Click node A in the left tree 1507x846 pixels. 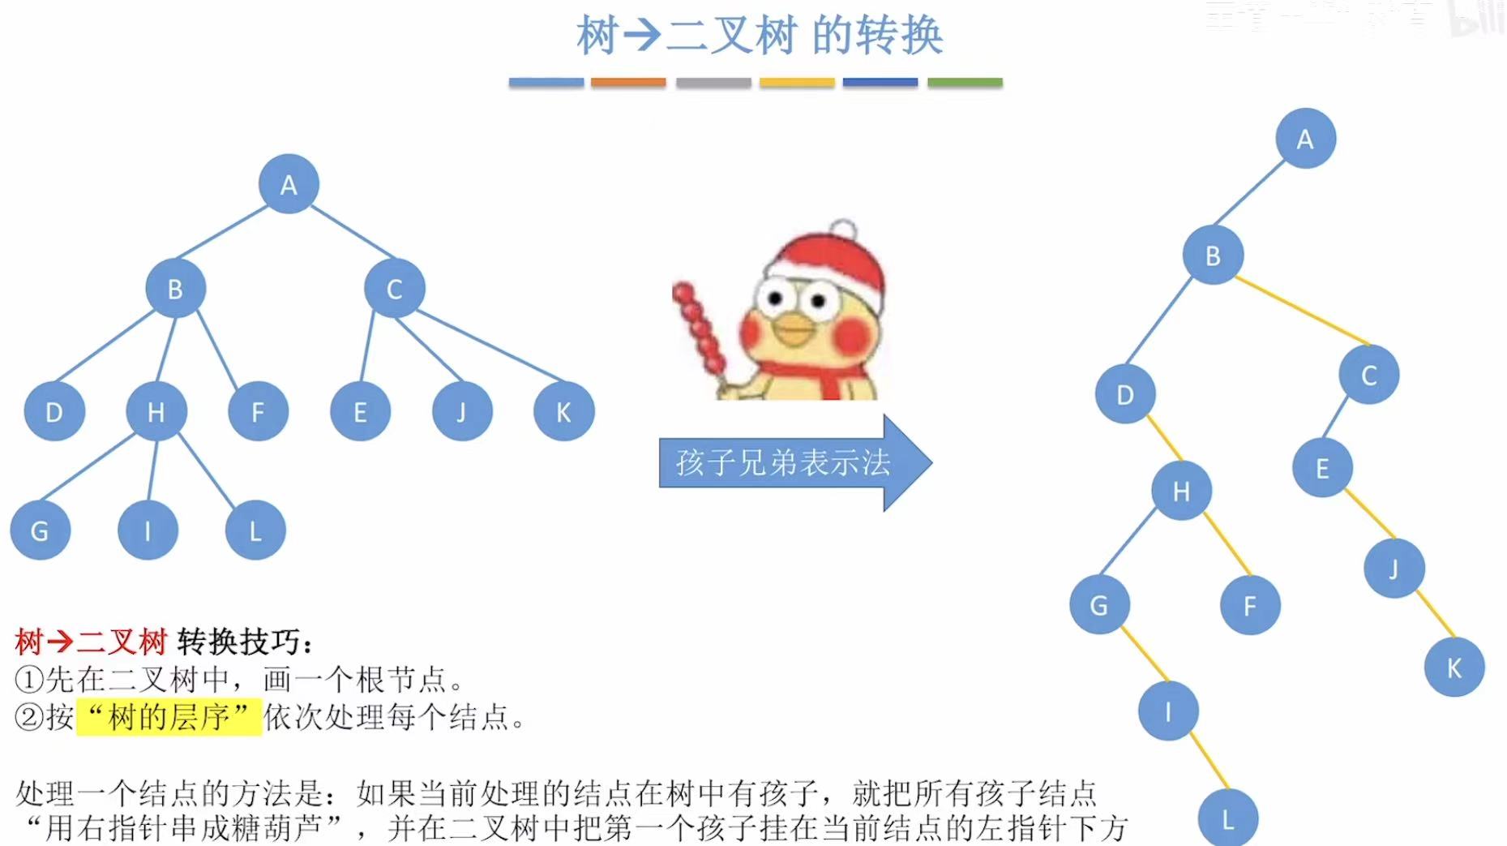[289, 184]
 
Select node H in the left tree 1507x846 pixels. [156, 411]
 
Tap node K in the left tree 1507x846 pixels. [563, 411]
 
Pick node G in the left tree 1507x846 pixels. [40, 530]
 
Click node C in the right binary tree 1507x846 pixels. [1368, 375]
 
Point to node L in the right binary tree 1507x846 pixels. [1227, 819]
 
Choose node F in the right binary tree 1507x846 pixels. [1249, 605]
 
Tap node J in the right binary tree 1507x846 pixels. [1394, 568]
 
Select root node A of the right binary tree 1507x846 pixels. [1305, 139]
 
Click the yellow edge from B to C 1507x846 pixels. [1302, 311]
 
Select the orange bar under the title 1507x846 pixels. [628, 83]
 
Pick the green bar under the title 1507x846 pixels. [965, 83]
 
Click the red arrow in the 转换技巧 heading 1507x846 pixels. [60, 642]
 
